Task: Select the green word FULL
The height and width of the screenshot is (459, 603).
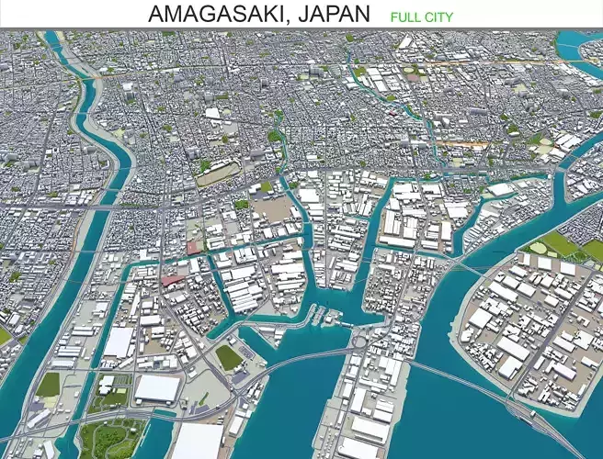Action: (404, 17)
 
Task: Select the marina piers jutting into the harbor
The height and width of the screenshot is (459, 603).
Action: (322, 317)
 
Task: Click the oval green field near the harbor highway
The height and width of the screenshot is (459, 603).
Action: (228, 357)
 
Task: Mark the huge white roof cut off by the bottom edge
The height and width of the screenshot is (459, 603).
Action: (198, 442)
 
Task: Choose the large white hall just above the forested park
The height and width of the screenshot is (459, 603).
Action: (156, 388)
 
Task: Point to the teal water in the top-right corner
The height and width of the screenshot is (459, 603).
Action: (585, 40)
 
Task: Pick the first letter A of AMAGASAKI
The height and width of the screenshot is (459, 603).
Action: (156, 15)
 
